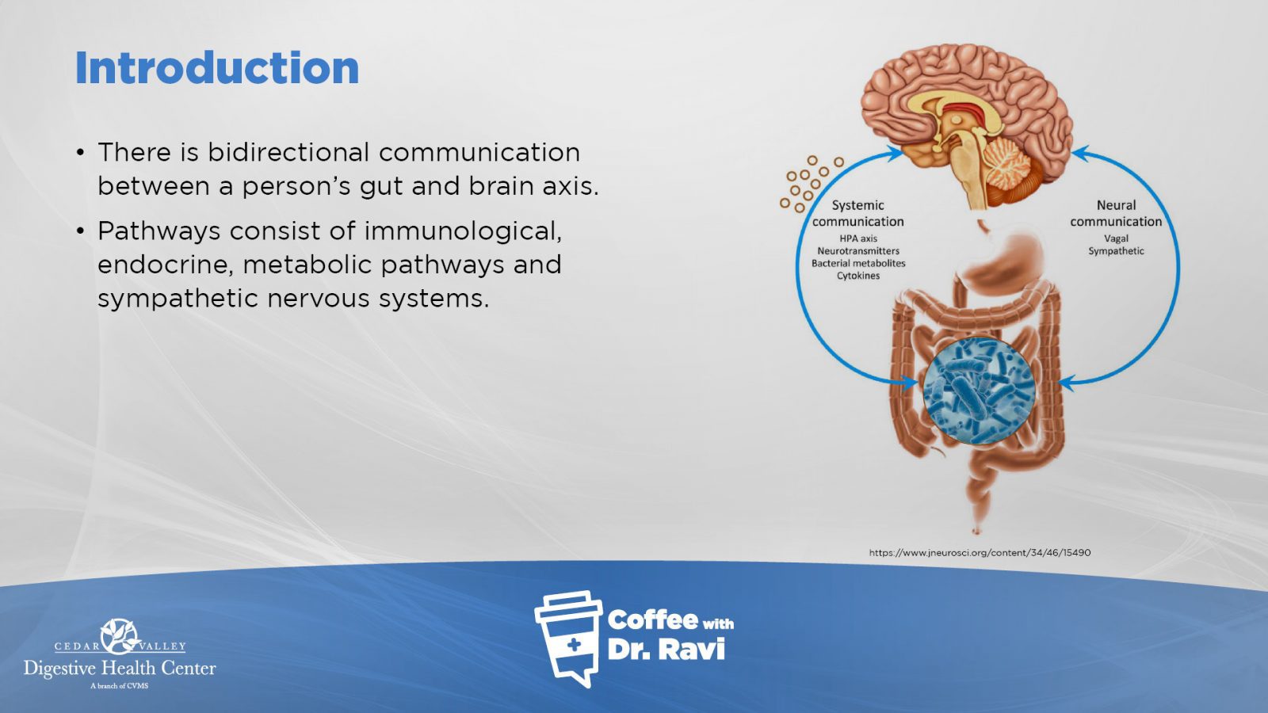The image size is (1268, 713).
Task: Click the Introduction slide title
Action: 217,68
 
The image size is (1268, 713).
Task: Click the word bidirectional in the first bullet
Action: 288,152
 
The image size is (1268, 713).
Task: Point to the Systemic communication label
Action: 857,213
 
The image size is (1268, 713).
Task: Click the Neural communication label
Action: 1116,213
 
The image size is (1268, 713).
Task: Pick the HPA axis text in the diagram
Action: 858,238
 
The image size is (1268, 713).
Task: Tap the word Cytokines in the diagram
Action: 858,276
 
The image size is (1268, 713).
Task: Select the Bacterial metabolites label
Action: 858,264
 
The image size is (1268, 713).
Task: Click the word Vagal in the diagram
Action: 1116,239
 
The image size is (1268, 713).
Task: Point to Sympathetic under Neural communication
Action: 1116,251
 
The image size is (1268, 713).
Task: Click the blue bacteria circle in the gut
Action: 979,391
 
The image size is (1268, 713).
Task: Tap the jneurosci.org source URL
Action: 980,553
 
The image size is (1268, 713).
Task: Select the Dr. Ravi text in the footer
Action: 666,650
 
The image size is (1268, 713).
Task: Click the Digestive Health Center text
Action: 120,669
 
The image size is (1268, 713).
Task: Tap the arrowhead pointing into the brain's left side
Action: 896,153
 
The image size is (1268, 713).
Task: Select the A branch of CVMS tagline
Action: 119,686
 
